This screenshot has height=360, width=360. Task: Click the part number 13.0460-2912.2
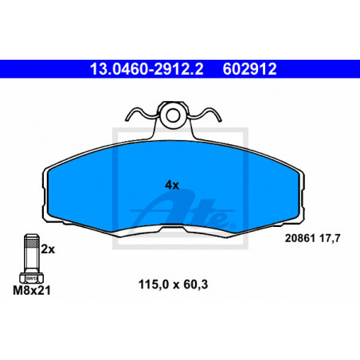tap(147, 69)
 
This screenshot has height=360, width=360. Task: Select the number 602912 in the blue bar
tap(249, 69)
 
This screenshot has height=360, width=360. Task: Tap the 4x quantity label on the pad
tap(172, 185)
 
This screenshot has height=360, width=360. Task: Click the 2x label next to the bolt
tap(48, 249)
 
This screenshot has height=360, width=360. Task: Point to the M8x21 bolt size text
tap(32, 290)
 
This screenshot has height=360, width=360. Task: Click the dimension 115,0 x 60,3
tap(173, 284)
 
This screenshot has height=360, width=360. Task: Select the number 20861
tap(299, 238)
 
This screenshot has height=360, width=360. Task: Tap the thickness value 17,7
tap(330, 238)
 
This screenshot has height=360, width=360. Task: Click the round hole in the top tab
tap(173, 115)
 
